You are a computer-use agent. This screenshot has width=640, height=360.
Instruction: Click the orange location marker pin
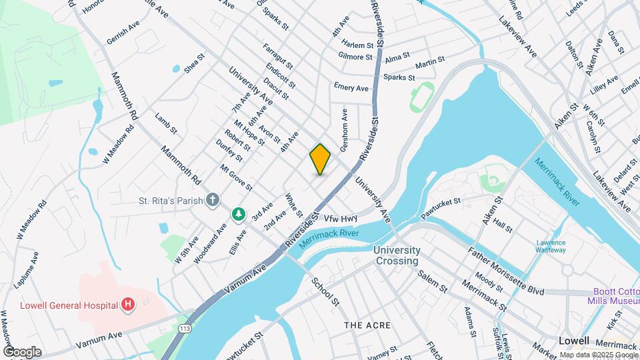[x=320, y=159]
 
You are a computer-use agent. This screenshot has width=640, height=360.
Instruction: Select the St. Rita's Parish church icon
[x=212, y=199]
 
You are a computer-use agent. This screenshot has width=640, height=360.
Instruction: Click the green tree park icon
[x=238, y=214]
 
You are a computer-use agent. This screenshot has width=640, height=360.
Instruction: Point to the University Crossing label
[x=397, y=255]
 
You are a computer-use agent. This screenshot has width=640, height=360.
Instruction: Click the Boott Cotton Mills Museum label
[x=615, y=297]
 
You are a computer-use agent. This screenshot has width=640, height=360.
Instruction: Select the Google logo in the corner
[x=22, y=351]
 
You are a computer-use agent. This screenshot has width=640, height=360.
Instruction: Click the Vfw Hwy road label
[x=341, y=218]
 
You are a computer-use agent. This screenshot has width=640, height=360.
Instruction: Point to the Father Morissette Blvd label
[x=505, y=273]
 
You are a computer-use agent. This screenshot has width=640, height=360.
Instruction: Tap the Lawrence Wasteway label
[x=551, y=247]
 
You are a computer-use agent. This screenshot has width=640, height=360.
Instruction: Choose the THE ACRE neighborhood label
[x=362, y=325]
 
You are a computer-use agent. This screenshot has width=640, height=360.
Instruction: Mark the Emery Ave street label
[x=351, y=88]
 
